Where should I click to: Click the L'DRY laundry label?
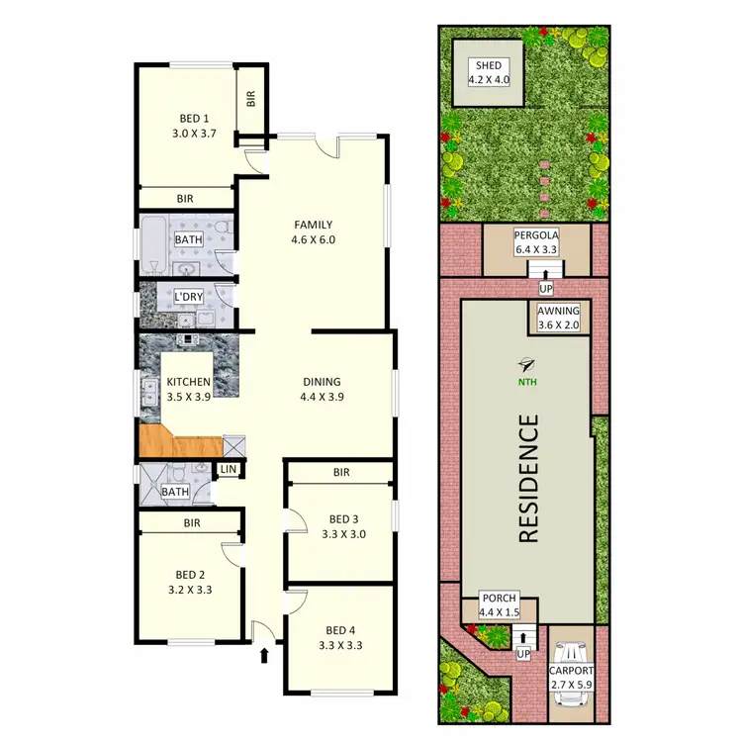[x=188, y=298]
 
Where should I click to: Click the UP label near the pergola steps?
[x=545, y=289]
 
